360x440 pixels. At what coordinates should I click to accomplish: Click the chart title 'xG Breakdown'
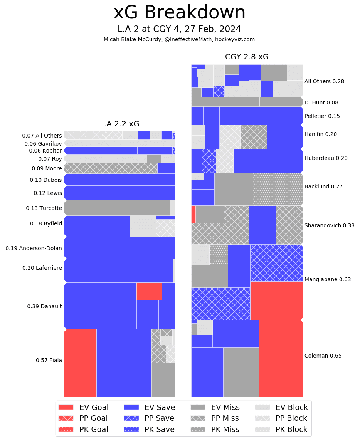(x=179, y=13)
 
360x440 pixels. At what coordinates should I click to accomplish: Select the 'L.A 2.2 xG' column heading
(x=119, y=124)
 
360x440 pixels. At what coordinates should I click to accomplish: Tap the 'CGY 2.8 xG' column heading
(x=247, y=57)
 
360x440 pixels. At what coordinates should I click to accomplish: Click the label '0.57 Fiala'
(x=49, y=360)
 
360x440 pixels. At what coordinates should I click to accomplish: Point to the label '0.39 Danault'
(x=44, y=306)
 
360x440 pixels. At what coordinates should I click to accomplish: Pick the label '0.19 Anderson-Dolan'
(x=34, y=248)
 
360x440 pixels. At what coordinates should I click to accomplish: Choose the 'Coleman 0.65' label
(x=323, y=356)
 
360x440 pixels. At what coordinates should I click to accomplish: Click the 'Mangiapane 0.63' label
(x=328, y=279)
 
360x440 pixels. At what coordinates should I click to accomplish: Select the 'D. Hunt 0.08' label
(x=321, y=102)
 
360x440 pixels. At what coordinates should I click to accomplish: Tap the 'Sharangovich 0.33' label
(x=330, y=225)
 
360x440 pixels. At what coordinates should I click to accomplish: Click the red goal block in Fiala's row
(x=80, y=363)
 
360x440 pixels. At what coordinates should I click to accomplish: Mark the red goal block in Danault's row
(x=149, y=291)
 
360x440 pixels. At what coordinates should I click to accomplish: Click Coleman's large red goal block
(x=281, y=358)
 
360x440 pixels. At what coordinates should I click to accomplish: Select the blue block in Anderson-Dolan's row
(x=119, y=247)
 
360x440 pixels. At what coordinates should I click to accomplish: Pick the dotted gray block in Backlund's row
(x=278, y=189)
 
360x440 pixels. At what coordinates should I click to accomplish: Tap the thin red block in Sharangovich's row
(x=193, y=214)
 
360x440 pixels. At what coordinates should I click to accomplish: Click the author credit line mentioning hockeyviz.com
(x=179, y=39)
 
